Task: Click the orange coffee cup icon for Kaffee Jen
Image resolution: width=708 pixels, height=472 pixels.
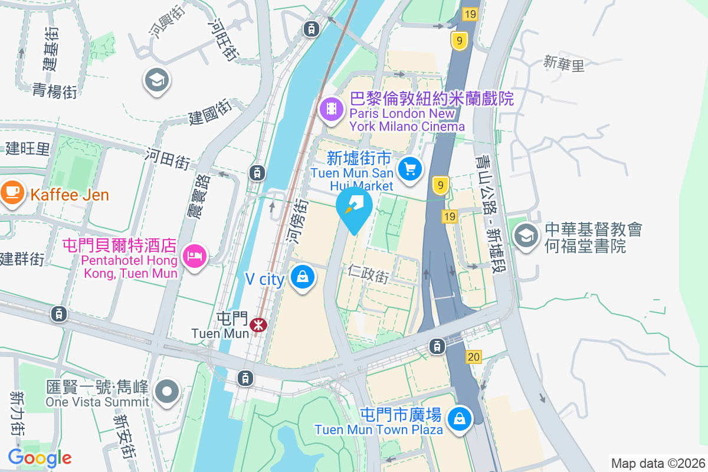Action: coord(12,192)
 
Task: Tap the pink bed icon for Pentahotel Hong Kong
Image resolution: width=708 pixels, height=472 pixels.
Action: coord(195,256)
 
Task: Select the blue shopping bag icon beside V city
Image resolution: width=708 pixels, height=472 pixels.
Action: coord(303,277)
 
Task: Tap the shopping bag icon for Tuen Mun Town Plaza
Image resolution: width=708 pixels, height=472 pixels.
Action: coord(458,419)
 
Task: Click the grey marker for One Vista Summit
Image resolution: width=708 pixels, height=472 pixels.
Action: coord(167,391)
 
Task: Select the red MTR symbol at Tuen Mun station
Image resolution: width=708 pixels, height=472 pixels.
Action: coord(258,324)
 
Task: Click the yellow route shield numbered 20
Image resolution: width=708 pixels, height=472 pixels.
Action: coord(473,356)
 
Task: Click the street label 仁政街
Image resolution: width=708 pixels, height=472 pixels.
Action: coord(369,274)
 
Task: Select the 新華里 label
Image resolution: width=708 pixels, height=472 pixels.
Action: coord(564,63)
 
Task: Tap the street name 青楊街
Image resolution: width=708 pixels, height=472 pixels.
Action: coord(55,91)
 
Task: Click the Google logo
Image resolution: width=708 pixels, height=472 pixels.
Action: coord(40,457)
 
